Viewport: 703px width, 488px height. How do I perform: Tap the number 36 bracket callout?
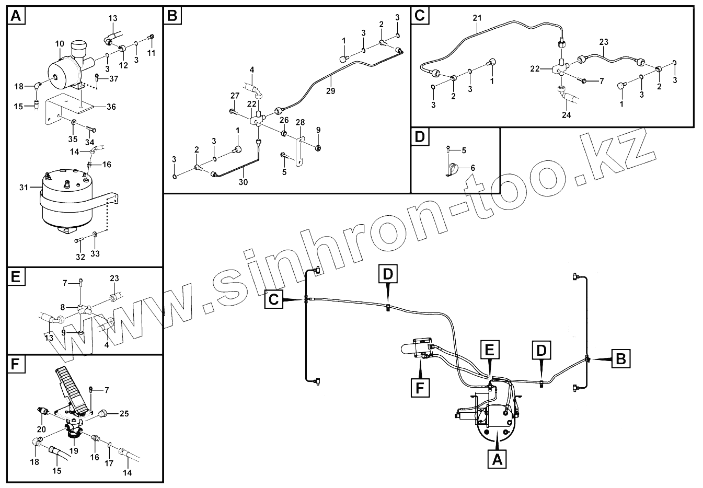pos(111,107)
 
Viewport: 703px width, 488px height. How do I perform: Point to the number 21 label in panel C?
pos(477,18)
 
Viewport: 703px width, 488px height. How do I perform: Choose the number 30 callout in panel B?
pos(243,182)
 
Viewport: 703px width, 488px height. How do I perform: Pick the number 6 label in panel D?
pos(472,168)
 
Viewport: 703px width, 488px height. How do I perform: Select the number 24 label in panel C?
pos(566,115)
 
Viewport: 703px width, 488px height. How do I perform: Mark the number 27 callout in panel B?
pos(234,96)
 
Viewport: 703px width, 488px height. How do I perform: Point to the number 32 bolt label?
pos(80,257)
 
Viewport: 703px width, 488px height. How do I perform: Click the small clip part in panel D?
pos(452,169)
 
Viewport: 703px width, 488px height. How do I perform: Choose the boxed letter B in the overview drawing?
pos(620,359)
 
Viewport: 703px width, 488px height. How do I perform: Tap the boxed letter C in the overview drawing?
pos(274,299)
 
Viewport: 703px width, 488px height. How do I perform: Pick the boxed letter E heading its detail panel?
pos(15,276)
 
